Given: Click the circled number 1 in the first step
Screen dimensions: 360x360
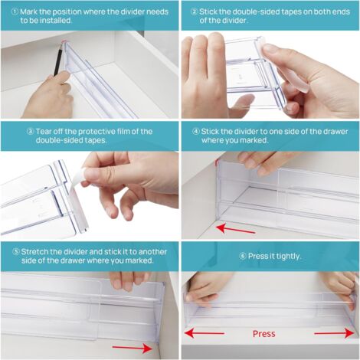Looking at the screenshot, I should coord(7,11).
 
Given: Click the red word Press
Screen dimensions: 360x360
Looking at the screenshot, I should coord(264,334).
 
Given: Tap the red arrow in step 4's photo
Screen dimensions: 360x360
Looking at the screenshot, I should coord(235,227).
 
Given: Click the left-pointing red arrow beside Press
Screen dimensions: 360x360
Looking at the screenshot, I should coord(205,333).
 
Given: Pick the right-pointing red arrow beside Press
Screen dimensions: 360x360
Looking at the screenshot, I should coord(333,333).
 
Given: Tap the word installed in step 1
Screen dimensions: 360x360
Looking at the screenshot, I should coord(64,21).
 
